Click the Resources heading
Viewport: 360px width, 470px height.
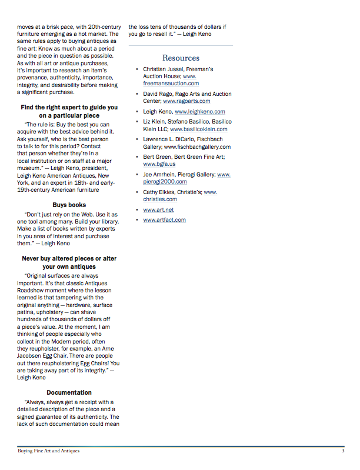181,58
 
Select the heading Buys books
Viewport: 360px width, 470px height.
69,205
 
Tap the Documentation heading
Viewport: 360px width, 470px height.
69,392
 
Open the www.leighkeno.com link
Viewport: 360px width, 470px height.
199,111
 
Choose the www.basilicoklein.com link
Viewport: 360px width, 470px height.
199,129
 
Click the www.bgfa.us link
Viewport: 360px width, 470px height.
159,164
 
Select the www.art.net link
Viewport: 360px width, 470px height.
158,210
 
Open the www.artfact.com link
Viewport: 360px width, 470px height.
164,219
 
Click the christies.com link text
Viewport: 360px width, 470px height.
160,200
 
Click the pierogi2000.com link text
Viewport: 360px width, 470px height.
165,182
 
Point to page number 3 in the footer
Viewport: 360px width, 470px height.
342,451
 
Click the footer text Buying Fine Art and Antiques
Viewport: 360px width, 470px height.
48,451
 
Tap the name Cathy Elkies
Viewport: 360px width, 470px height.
161,192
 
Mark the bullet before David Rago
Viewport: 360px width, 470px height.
138,94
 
